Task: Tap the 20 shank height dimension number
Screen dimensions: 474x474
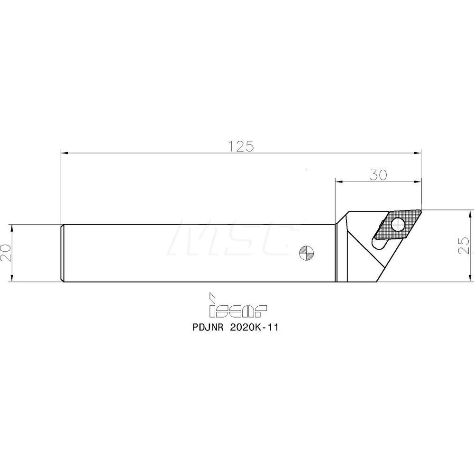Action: point(6,253)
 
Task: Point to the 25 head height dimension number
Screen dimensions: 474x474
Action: point(465,245)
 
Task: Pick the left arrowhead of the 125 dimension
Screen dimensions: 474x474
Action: point(64,153)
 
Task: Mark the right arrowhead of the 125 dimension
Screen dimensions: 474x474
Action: point(418,153)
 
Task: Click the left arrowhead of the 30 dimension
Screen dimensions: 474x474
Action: point(338,181)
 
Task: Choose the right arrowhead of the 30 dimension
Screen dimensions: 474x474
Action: point(418,181)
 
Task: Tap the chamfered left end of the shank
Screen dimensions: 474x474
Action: point(63,253)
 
